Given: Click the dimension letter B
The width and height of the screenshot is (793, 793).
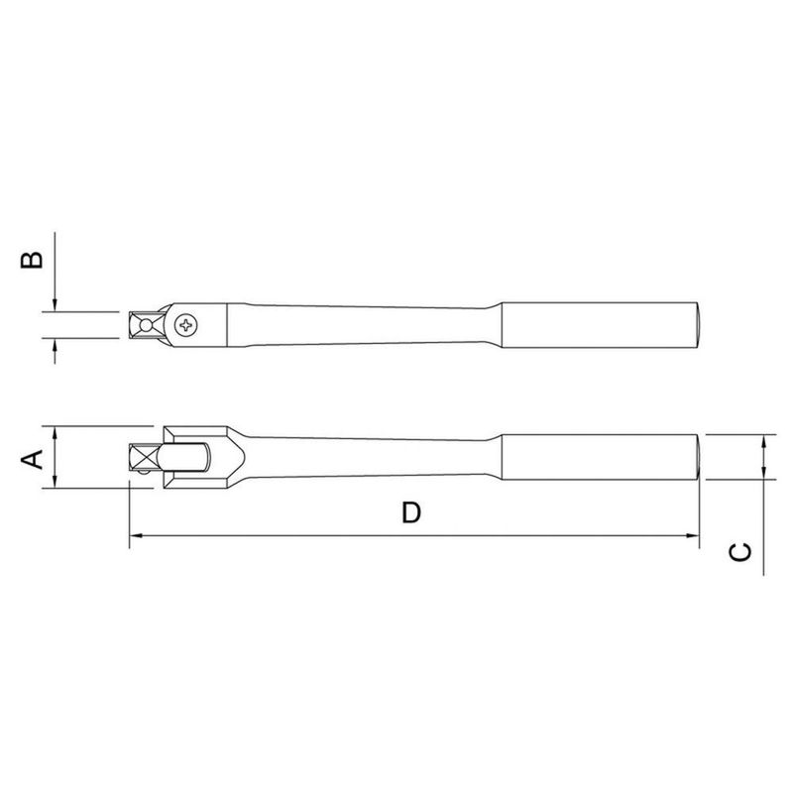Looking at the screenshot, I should pyautogui.click(x=33, y=259).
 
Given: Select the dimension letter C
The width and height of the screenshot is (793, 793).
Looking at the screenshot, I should pyautogui.click(x=739, y=553).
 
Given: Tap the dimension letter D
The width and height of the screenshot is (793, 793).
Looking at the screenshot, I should pyautogui.click(x=411, y=512).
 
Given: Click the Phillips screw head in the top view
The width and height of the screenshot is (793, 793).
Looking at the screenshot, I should pyautogui.click(x=187, y=324).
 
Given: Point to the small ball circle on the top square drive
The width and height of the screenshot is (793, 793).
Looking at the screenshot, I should pyautogui.click(x=147, y=324).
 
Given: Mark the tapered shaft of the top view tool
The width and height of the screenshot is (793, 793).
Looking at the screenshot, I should pyautogui.click(x=367, y=323).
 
